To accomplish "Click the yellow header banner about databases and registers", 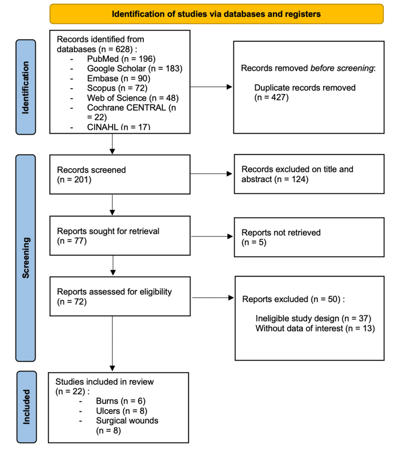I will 216,14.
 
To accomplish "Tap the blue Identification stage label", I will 26,87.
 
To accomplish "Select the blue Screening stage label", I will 26,258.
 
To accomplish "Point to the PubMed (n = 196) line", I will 121,59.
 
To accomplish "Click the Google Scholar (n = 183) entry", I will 135,68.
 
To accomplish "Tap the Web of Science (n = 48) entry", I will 132,97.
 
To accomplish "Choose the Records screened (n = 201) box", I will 120,175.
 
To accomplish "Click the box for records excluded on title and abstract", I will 309,174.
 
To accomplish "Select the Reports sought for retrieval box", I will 120,236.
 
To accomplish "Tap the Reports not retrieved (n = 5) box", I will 309,237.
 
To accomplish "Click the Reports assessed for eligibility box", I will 120,296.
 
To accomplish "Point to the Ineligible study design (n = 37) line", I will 313,318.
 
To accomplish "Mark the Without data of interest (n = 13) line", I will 315,328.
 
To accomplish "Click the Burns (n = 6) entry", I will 120,401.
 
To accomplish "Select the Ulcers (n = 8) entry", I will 121,411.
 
